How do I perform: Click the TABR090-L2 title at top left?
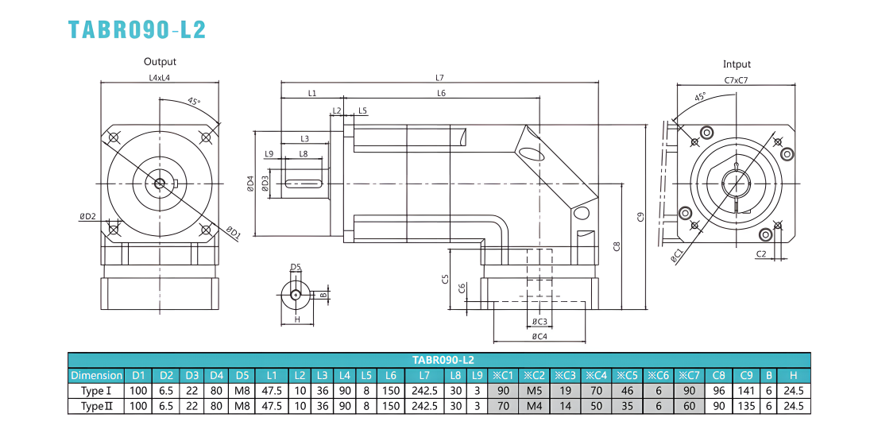pyautogui.click(x=137, y=29)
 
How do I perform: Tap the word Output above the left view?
pyautogui.click(x=160, y=62)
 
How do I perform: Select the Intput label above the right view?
pyautogui.click(x=737, y=64)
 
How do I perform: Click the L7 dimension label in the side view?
pyautogui.click(x=439, y=78)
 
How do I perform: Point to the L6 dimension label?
pyautogui.click(x=441, y=93)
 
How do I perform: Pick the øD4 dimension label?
pyautogui.click(x=250, y=184)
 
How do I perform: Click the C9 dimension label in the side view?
pyautogui.click(x=641, y=217)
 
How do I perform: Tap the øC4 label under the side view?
pyautogui.click(x=539, y=336)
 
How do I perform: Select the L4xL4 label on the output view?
pyautogui.click(x=160, y=78)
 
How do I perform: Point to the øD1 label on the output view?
pyautogui.click(x=233, y=233)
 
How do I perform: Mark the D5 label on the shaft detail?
pyautogui.click(x=296, y=268)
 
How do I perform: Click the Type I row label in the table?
pyautogui.click(x=96, y=390)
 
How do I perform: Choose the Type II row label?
pyautogui.click(x=96, y=406)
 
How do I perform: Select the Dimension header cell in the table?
pyautogui.click(x=96, y=375)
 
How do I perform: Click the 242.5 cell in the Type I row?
pyautogui.click(x=425, y=390)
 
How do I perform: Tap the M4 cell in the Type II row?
pyautogui.click(x=535, y=406)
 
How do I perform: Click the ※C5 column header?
pyautogui.click(x=627, y=375)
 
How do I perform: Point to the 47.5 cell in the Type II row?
pyautogui.click(x=271, y=406)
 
